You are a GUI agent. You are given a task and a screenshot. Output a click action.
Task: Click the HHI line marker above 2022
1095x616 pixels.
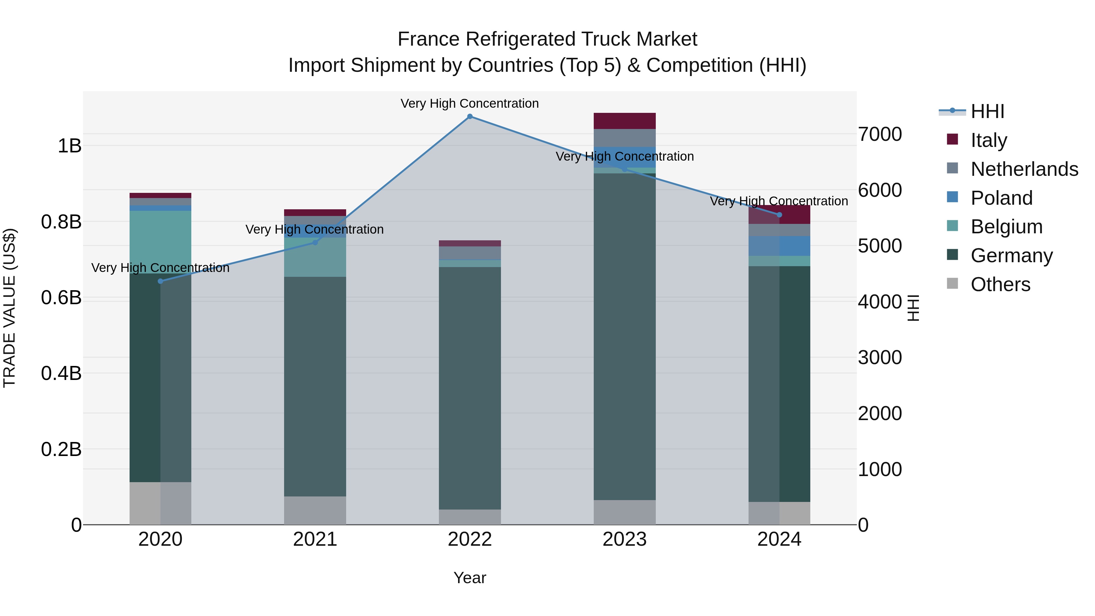[470, 117]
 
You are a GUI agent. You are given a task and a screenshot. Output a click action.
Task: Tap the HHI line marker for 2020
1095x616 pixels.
[160, 281]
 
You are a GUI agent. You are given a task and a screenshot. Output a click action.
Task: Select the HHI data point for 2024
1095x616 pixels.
[779, 215]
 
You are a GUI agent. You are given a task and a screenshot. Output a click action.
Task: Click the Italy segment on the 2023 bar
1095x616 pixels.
[624, 121]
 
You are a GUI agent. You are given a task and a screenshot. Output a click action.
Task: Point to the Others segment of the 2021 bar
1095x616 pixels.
[315, 510]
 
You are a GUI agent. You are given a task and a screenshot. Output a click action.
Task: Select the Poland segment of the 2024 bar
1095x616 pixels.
[779, 246]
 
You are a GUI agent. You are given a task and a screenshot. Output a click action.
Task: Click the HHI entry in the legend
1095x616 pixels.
[987, 111]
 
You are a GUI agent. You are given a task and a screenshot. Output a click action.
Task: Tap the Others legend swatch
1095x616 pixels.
[953, 284]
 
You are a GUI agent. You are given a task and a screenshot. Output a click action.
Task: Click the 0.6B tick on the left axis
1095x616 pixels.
[61, 298]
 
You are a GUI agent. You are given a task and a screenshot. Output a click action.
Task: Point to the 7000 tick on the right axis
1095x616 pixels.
[879, 134]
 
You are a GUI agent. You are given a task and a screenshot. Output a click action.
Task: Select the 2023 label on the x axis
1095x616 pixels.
[624, 539]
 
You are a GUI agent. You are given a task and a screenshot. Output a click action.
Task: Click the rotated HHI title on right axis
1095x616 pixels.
[913, 308]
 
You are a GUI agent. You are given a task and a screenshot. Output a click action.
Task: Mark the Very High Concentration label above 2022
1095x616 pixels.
[470, 104]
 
